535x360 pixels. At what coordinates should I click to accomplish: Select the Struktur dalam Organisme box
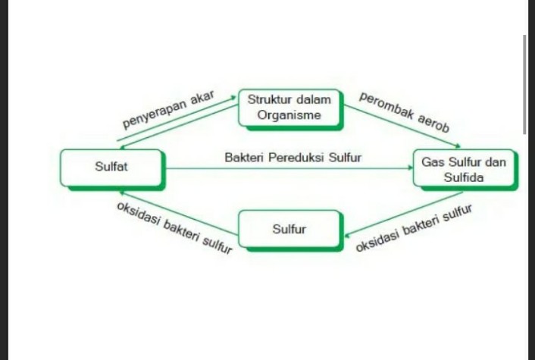tap(290, 108)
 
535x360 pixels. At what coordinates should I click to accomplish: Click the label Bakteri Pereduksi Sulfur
tap(293, 158)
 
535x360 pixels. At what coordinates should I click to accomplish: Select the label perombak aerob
tap(404, 112)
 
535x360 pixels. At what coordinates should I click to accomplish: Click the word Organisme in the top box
tap(290, 115)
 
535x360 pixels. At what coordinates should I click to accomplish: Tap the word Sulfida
tap(464, 178)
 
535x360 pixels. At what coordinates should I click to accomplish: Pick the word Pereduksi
tap(296, 158)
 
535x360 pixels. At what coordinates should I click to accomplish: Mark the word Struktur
tap(270, 100)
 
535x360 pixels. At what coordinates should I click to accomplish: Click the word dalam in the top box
tap(314, 100)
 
